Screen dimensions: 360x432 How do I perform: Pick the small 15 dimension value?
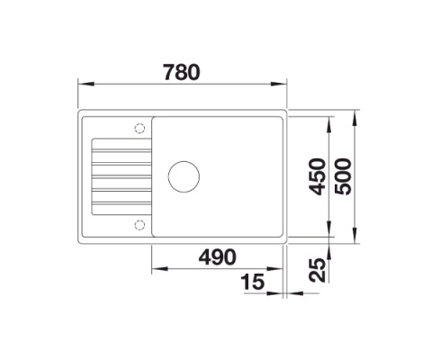pyautogui.click(x=255, y=283)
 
